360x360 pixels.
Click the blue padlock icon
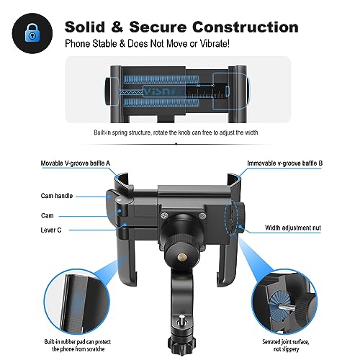pos(32,33)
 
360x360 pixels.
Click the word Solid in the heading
pos(85,27)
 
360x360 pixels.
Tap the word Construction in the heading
pos(246,27)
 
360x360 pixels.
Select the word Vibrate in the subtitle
pos(214,44)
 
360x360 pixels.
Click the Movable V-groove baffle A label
pos(76,163)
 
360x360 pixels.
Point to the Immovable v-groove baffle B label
pos(285,163)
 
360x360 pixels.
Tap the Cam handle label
pos(57,196)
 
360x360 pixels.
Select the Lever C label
pos(51,230)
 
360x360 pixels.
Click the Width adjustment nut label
pos(293,228)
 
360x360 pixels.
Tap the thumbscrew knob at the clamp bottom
pos(181,346)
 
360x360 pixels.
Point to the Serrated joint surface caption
pos(286,345)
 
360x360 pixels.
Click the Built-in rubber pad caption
pos(78,345)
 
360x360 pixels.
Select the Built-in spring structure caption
pos(176,132)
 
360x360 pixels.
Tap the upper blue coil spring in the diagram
pos(161,79)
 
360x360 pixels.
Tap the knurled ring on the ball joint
pos(181,240)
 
